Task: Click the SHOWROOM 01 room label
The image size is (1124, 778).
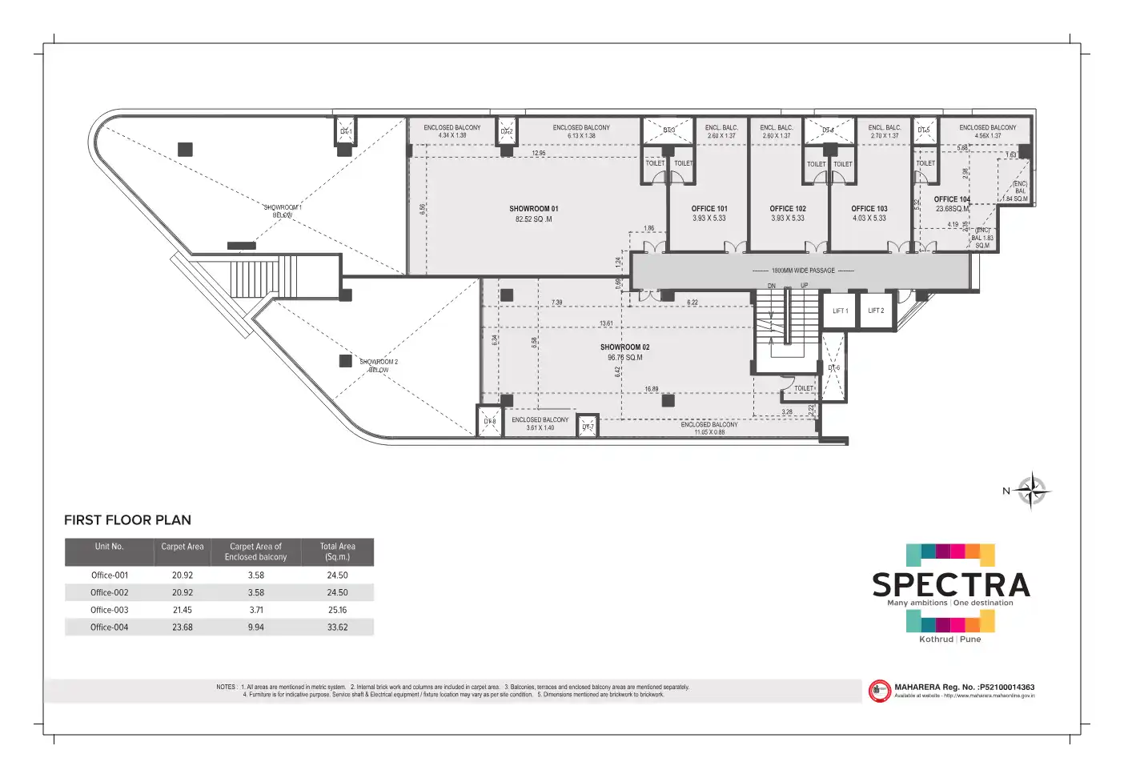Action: (x=533, y=209)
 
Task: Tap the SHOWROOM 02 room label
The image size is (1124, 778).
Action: (x=624, y=347)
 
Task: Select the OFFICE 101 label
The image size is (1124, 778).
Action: (x=709, y=209)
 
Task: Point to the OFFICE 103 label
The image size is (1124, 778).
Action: (x=869, y=209)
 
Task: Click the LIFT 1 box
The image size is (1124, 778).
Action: (x=840, y=311)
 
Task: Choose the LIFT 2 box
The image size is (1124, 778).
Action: (x=876, y=311)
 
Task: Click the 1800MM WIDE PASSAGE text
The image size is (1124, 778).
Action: (x=803, y=271)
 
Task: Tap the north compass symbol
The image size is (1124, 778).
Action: (x=1031, y=491)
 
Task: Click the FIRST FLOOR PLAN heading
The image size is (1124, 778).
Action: (x=127, y=520)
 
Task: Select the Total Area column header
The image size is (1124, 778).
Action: (x=337, y=551)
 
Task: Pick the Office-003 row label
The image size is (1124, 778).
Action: (x=110, y=610)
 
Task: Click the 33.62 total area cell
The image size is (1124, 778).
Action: (x=337, y=628)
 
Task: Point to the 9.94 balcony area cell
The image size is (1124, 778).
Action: (x=255, y=628)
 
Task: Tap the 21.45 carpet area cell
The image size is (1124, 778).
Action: (x=183, y=610)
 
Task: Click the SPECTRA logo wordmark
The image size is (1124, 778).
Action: (x=950, y=585)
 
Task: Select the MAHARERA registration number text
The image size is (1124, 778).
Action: (x=964, y=687)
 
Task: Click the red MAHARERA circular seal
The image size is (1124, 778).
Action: (x=879, y=691)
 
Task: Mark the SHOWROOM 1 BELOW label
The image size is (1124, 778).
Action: (x=283, y=211)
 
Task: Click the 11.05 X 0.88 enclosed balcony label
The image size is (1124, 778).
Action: (x=709, y=432)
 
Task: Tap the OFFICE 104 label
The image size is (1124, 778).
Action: (x=952, y=199)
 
